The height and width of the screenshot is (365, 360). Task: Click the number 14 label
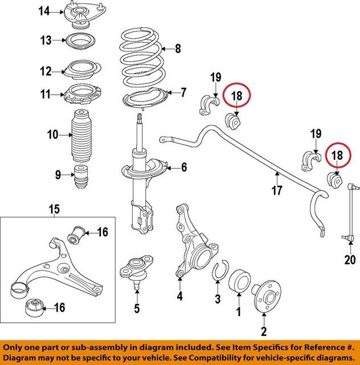(43, 11)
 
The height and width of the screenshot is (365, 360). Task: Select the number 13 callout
(46, 40)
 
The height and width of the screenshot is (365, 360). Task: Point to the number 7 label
(183, 91)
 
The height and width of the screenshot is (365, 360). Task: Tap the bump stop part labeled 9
(81, 175)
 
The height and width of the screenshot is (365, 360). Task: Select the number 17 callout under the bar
(277, 191)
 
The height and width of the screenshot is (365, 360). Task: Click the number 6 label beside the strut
(184, 167)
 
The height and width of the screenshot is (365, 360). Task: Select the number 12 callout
(46, 71)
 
